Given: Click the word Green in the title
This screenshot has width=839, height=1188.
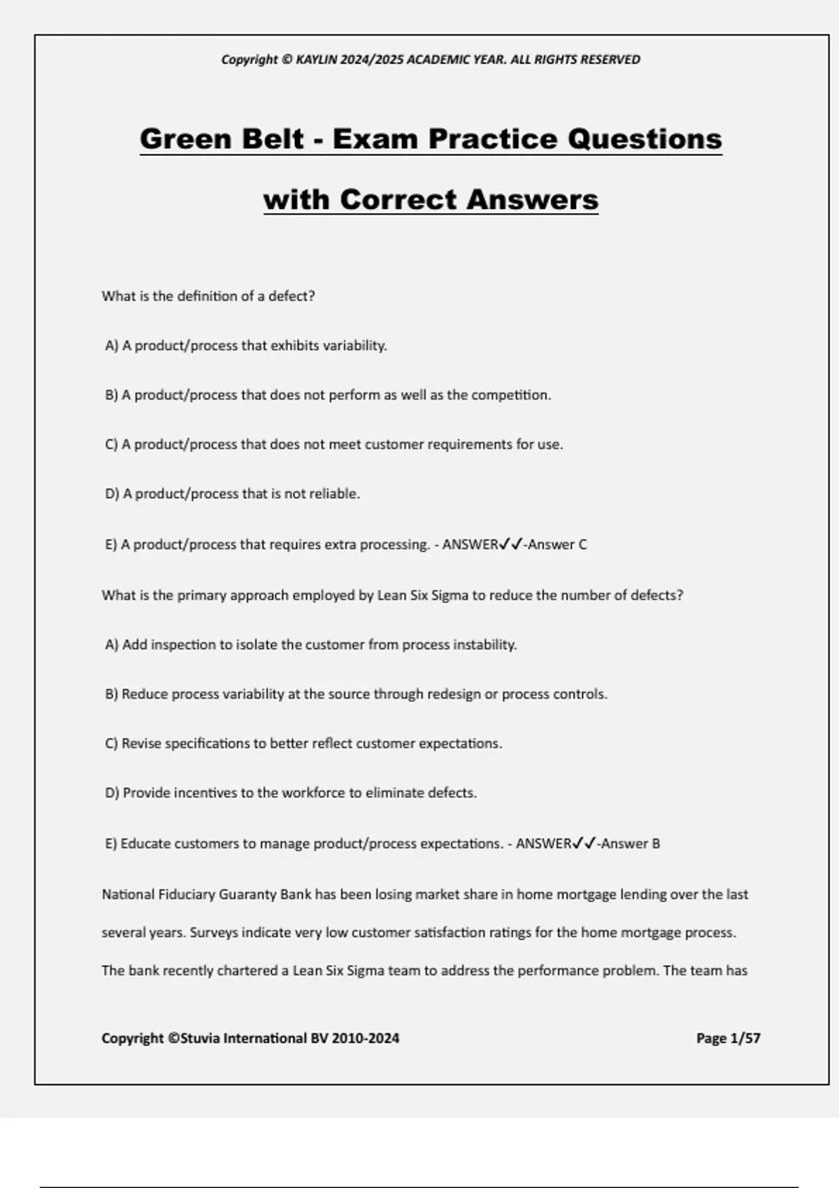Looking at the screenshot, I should point(185,138).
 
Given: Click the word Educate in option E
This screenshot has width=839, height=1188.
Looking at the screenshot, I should point(145,843).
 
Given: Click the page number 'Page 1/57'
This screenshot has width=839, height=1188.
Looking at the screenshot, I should point(728,1038).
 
